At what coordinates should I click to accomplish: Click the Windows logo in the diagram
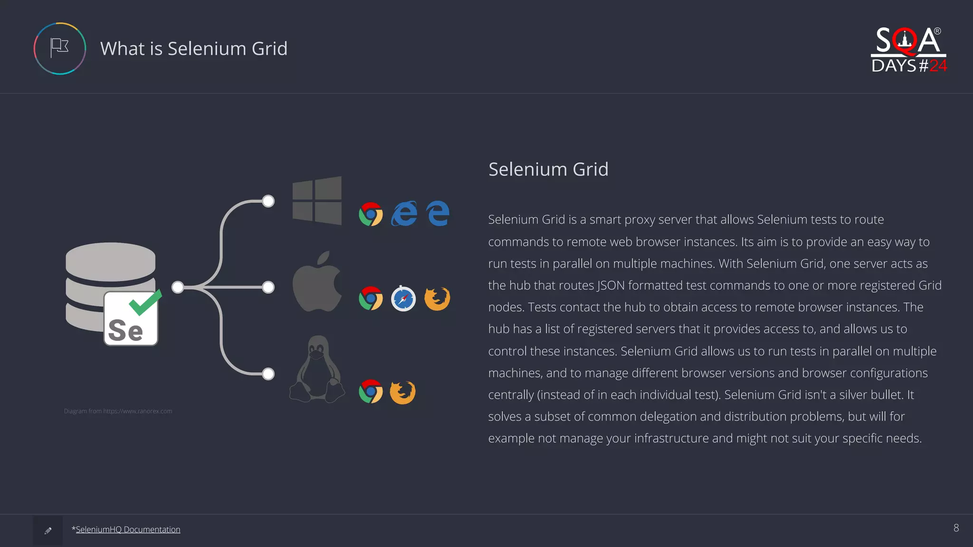pyautogui.click(x=317, y=200)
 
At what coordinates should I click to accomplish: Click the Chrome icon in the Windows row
pyautogui.click(x=371, y=214)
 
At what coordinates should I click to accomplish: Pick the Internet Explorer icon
pyautogui.click(x=404, y=213)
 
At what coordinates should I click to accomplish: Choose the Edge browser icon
pyautogui.click(x=438, y=213)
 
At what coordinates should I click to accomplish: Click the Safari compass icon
pyautogui.click(x=403, y=299)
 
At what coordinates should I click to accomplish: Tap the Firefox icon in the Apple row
pyautogui.click(x=437, y=299)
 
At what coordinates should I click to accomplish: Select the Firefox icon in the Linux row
pyautogui.click(x=402, y=392)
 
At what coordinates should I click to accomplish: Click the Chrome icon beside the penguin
pyautogui.click(x=371, y=392)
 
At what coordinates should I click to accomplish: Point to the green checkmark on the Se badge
pyautogui.click(x=145, y=302)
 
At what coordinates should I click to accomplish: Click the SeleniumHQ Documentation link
pyautogui.click(x=128, y=529)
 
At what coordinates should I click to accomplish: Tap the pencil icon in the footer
pyautogui.click(x=48, y=531)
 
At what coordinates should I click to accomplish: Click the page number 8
pyautogui.click(x=956, y=528)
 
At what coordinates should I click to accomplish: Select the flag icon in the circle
pyautogui.click(x=60, y=48)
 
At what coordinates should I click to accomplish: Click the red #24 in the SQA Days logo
pyautogui.click(x=938, y=66)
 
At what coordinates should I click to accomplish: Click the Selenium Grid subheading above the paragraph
pyautogui.click(x=548, y=170)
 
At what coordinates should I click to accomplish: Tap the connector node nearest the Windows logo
pyautogui.click(x=268, y=201)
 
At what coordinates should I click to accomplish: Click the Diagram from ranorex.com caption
pyautogui.click(x=118, y=411)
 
